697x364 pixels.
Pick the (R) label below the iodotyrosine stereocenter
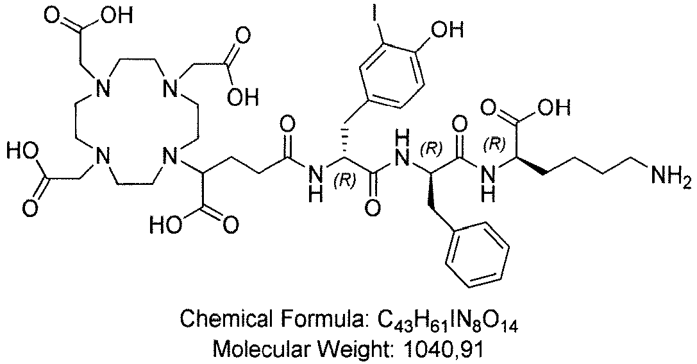coord(344,182)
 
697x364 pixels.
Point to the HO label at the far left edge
coord(21,150)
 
